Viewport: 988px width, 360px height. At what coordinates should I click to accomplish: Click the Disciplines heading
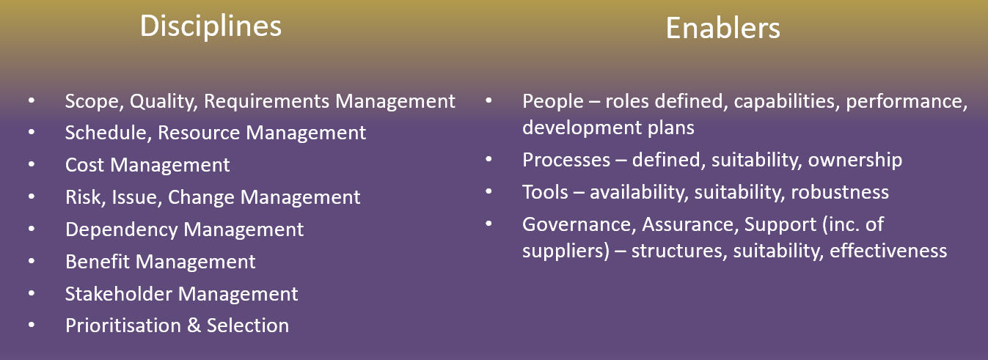[211, 26]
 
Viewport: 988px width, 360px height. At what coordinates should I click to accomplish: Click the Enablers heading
[722, 29]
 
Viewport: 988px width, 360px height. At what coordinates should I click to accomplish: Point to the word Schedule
[108, 133]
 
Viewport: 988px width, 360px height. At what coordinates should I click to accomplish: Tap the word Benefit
[97, 262]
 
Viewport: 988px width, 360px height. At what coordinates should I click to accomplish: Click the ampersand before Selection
[194, 326]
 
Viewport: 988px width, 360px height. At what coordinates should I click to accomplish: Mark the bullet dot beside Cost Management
[31, 166]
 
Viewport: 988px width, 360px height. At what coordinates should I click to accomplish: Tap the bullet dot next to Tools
[488, 192]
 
